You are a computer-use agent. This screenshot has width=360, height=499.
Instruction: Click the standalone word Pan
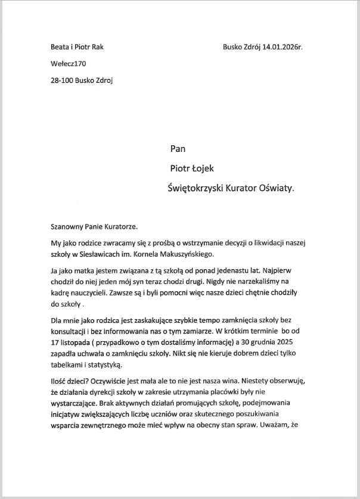coord(178,149)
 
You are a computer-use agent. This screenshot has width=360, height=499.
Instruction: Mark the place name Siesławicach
coord(110,254)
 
